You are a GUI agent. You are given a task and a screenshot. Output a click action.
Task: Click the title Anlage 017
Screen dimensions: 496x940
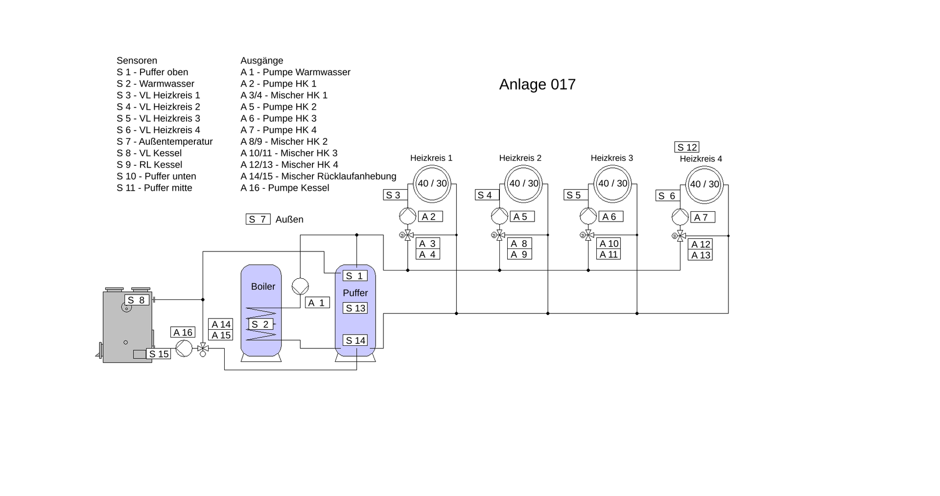pos(537,85)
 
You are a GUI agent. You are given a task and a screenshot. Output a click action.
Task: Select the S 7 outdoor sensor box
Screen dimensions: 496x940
pos(258,219)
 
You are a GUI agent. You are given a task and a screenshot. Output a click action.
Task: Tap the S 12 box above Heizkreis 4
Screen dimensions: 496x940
pos(686,147)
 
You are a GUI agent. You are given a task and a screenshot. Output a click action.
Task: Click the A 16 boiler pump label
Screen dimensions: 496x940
pos(183,333)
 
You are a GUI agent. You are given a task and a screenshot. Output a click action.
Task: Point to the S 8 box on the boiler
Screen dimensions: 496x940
pos(137,300)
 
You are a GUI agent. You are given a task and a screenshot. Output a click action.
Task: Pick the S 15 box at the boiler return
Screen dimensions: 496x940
pos(159,354)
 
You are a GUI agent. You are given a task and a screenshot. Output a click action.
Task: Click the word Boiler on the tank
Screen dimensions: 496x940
pos(263,287)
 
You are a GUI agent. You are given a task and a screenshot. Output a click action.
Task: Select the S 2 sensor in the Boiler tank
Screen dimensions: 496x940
pos(260,324)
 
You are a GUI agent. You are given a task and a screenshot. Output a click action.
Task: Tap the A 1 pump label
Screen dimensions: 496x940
pos(317,303)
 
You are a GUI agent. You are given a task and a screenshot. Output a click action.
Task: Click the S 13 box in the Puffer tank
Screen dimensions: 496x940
pos(355,308)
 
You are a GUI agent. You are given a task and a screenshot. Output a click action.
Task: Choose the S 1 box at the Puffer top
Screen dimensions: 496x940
pos(355,276)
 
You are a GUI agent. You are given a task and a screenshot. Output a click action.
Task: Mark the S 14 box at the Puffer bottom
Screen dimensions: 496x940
pos(355,340)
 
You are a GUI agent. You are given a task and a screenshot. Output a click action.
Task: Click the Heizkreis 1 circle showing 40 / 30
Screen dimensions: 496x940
pos(432,183)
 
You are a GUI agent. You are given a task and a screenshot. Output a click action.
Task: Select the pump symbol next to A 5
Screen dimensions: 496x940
pos(499,216)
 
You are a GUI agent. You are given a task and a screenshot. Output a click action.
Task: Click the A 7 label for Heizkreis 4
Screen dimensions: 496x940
pos(702,217)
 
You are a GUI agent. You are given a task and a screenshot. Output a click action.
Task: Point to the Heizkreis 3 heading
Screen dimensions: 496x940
pos(611,158)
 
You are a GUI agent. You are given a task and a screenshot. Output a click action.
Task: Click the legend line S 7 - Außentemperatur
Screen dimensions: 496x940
pos(164,142)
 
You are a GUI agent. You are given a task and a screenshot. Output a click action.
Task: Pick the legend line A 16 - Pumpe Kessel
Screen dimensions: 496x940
pos(284,188)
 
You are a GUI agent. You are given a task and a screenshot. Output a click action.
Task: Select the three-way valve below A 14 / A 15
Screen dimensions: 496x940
pos(203,348)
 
